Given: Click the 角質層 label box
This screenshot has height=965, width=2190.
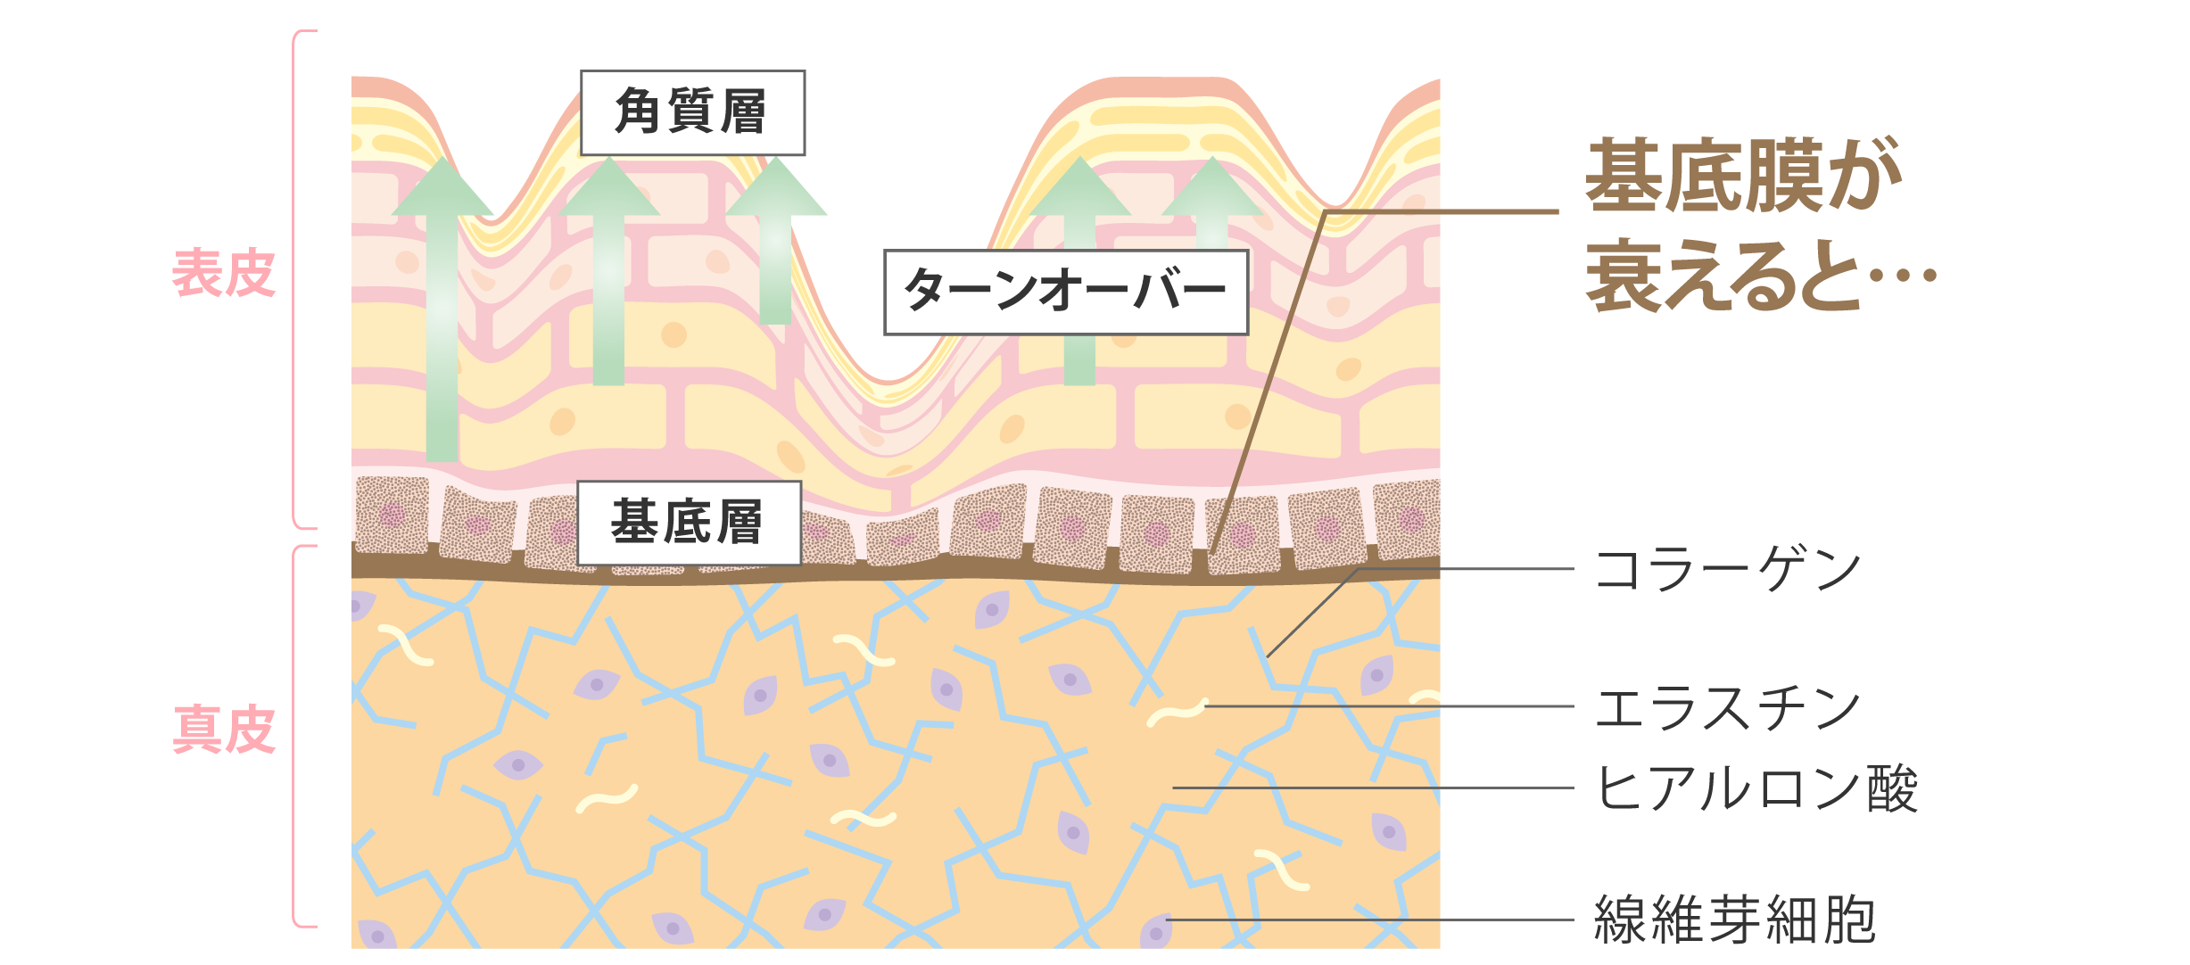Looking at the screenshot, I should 692,112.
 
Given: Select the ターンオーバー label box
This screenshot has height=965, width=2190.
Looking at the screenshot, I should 1065,292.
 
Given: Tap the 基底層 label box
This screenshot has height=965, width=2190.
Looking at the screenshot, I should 688,523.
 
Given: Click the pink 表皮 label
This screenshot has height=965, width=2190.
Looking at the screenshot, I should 223,273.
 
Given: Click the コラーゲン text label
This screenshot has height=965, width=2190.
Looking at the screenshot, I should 1726,570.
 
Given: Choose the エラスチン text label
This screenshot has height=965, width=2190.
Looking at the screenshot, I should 1726,708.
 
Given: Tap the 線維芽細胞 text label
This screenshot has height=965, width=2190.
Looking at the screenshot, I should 1734,920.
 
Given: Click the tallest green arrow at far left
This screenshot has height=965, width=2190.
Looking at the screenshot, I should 442,312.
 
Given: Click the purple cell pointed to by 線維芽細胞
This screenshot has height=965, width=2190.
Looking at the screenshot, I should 1156,931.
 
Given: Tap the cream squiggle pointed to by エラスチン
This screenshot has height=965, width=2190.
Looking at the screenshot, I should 1178,712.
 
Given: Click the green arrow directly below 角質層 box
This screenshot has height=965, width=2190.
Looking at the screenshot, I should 608,268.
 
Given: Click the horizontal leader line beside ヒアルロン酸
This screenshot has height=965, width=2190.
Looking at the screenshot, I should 1374,788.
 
